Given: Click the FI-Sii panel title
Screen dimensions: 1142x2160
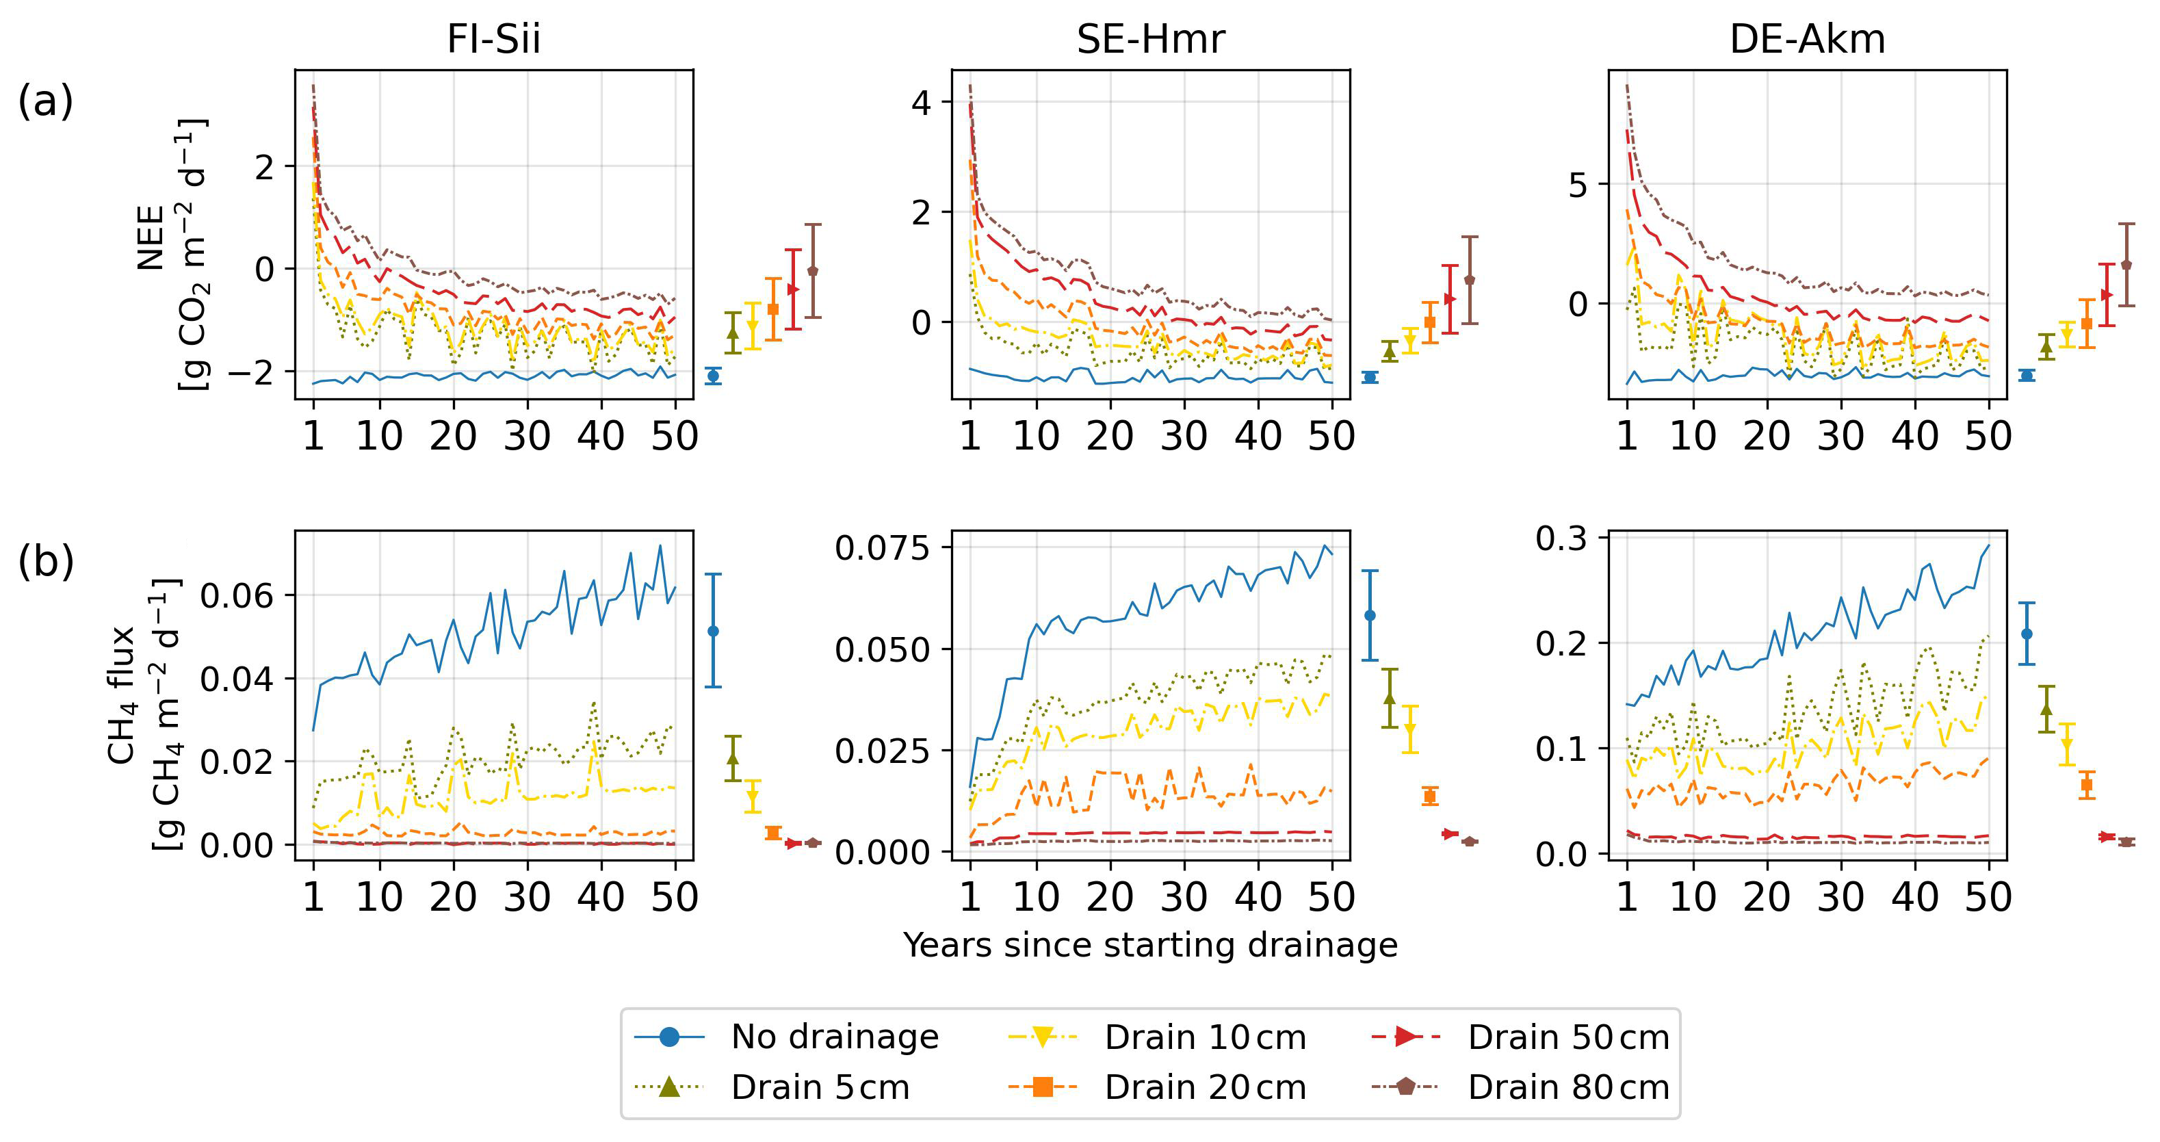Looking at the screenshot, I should click(x=493, y=40).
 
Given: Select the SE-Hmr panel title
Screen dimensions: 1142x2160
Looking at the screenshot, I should click(x=1150, y=40).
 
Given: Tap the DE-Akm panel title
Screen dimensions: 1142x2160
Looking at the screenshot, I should click(x=1807, y=40).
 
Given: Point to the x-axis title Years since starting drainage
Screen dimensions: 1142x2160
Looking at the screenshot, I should click(x=1150, y=945).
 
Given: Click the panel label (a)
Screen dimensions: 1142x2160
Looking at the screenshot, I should click(x=45, y=101).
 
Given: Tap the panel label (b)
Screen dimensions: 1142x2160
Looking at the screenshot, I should click(x=45, y=562).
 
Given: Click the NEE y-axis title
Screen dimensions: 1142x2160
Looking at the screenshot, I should click(x=151, y=238).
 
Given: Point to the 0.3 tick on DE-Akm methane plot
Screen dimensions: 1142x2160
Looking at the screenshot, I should click(x=1561, y=537).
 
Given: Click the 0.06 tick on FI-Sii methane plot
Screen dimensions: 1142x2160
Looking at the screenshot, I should click(x=237, y=595).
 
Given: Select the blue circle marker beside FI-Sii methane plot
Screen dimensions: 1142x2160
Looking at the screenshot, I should click(x=714, y=632).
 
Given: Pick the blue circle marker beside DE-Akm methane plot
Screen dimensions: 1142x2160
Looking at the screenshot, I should click(x=2027, y=634).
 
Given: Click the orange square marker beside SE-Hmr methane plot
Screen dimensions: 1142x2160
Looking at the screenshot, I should click(x=1431, y=796).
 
